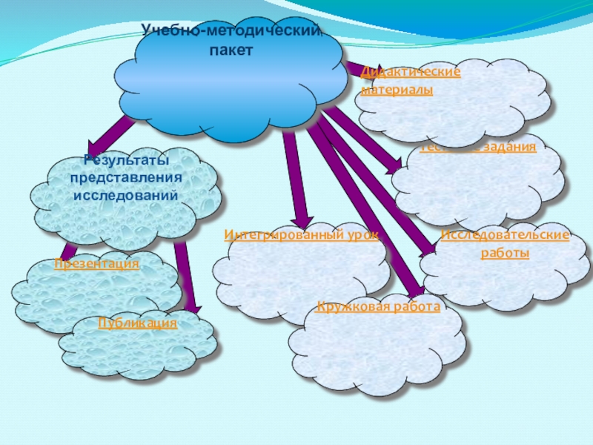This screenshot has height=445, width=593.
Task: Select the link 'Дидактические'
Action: (411, 72)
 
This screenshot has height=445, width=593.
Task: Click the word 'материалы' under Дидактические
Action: (397, 90)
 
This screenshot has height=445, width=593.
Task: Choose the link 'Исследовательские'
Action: (505, 235)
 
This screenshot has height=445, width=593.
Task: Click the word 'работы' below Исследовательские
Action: (505, 253)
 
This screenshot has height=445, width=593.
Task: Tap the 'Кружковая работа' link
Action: (378, 306)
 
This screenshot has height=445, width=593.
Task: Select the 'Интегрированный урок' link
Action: (301, 235)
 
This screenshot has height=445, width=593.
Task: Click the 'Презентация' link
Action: (96, 264)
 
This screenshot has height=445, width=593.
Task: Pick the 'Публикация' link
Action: (138, 323)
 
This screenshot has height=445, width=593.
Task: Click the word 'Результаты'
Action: (125, 161)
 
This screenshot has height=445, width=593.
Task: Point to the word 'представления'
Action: (125, 179)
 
